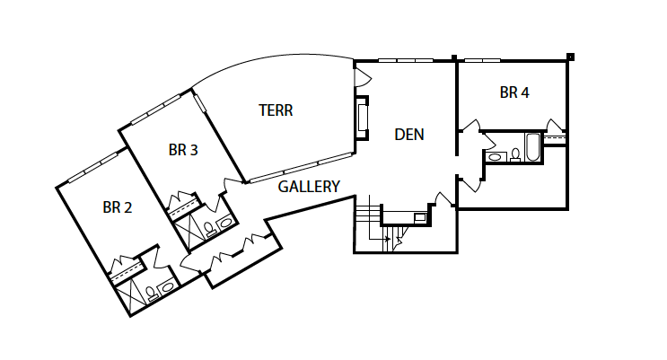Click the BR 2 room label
[118, 207]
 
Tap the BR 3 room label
[183, 150]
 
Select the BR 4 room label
[514, 92]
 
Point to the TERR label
[276, 110]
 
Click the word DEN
[409, 135]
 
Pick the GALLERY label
[309, 187]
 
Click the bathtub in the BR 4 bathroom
[532, 147]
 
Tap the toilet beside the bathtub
[515, 155]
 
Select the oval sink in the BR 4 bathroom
[496, 156]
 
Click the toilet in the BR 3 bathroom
[210, 229]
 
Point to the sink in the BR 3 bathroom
[224, 223]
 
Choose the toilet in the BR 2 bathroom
[151, 294]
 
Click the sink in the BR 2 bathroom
[166, 286]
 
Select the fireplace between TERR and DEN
[362, 118]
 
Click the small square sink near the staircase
[420, 217]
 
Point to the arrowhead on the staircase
[388, 239]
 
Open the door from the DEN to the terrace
[363, 77]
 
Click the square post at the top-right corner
[570, 57]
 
